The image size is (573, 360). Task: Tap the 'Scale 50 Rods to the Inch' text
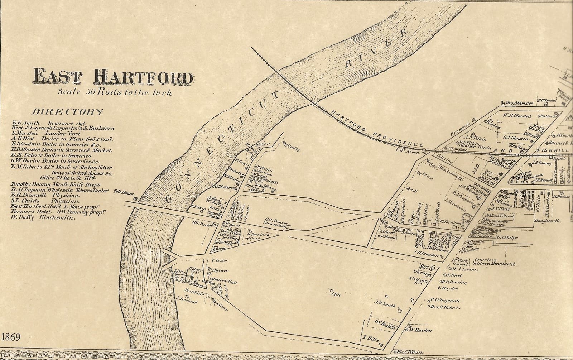(x=116, y=92)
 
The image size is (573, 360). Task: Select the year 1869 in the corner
(x=11, y=337)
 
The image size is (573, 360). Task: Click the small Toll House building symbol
(x=135, y=198)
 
